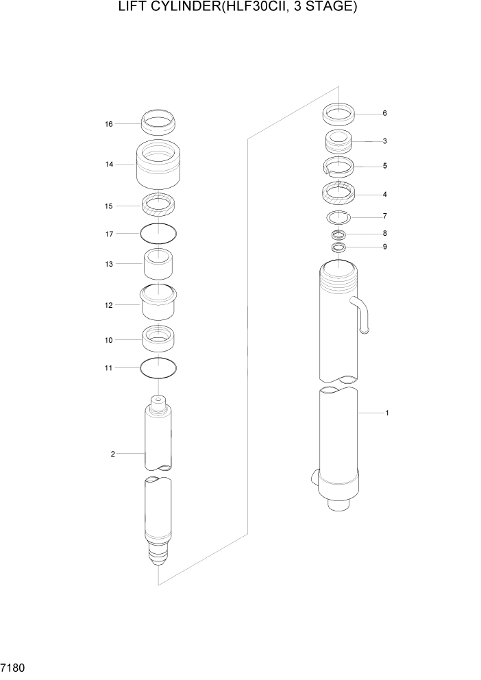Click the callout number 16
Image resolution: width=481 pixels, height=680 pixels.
pyautogui.click(x=108, y=124)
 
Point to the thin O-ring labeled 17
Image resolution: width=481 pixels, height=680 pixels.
pyautogui.click(x=158, y=234)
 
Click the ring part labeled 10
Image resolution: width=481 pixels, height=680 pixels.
pyautogui.click(x=158, y=338)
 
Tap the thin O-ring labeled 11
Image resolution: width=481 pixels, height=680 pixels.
pyautogui.click(x=158, y=368)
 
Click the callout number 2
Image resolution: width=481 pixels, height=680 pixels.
pyautogui.click(x=112, y=454)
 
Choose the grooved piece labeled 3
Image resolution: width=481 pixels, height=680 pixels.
pyautogui.click(x=338, y=142)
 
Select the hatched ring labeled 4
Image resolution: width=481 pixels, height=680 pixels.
pyautogui.click(x=338, y=194)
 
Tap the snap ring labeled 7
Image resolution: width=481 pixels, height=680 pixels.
pyautogui.click(x=338, y=218)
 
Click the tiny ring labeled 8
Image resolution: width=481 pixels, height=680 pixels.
pyautogui.click(x=338, y=234)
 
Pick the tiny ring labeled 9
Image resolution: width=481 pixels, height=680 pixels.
pyautogui.click(x=338, y=247)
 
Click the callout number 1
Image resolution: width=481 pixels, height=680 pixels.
pyautogui.click(x=387, y=413)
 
